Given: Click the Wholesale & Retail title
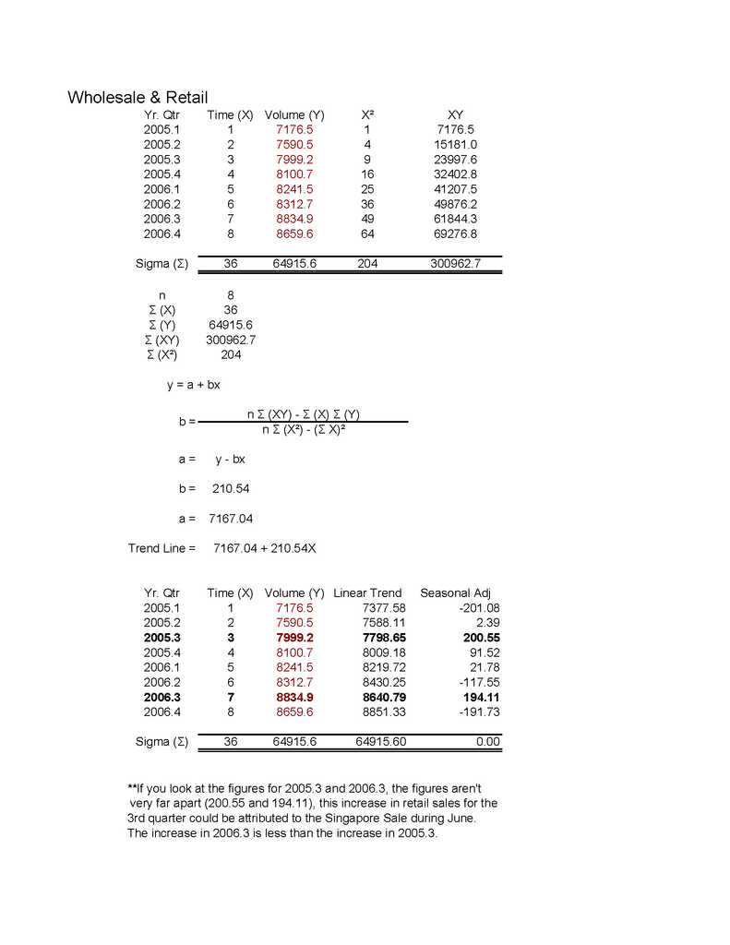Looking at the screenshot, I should [x=138, y=97].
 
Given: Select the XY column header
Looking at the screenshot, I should [x=455, y=115].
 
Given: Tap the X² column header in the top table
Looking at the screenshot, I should [x=367, y=115].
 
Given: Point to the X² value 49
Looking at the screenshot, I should [x=367, y=219].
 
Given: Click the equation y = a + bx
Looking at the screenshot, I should [x=193, y=385].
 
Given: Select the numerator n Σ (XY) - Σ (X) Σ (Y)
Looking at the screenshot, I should [x=304, y=414].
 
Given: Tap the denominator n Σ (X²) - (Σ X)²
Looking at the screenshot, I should [x=304, y=429].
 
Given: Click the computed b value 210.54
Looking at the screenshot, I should [x=231, y=488].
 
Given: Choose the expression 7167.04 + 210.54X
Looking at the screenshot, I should [x=265, y=548].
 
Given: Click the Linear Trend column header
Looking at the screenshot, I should [x=367, y=592].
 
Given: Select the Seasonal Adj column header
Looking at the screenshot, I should [x=456, y=592].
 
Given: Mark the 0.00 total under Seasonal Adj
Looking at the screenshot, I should [x=488, y=741].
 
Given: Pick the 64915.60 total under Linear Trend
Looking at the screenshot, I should [x=380, y=741].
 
